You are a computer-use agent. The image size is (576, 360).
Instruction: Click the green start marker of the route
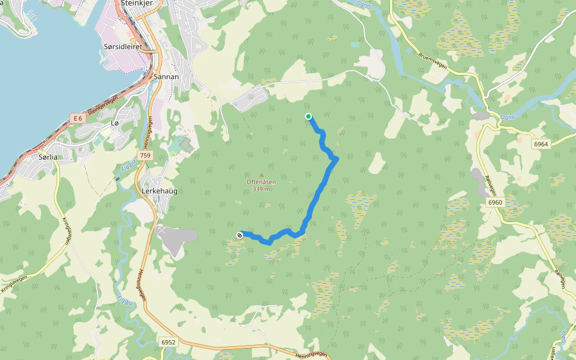[x=308, y=116]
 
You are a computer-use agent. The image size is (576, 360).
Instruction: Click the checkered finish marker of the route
[x=240, y=235]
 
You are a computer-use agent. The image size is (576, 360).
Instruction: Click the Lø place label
[x=115, y=122]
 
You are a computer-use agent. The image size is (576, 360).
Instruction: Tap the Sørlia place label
[x=47, y=157]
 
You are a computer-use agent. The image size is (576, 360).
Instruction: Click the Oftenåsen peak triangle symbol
[x=261, y=175]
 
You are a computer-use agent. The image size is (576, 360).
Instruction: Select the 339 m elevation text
[x=261, y=189]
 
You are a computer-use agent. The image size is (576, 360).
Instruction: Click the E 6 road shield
[x=77, y=119]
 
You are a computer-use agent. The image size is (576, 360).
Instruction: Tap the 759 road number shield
[x=145, y=155]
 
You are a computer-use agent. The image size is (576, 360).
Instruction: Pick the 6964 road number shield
[x=541, y=145]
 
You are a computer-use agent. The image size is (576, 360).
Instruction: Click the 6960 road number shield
[x=495, y=203]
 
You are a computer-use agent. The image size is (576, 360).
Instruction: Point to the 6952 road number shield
[x=169, y=343]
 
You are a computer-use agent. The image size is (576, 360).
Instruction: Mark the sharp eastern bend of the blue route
[x=337, y=158]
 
